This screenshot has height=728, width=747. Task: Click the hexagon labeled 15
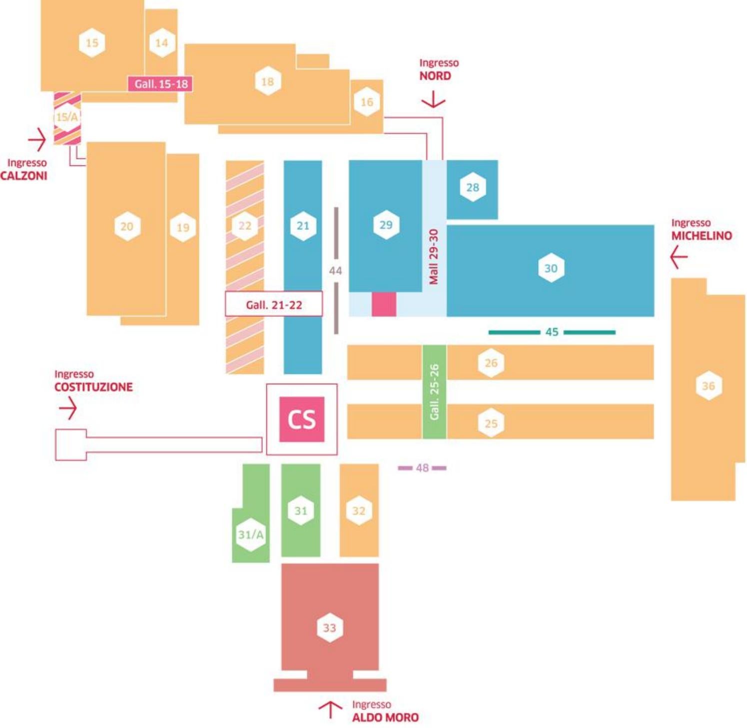click(x=92, y=43)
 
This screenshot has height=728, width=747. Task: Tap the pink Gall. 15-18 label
click(x=160, y=84)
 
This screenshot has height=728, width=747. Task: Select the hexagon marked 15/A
click(x=67, y=117)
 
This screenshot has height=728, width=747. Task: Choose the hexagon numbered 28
click(x=473, y=187)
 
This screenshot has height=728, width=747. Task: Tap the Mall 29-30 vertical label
click(x=434, y=257)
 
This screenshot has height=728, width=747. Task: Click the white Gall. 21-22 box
click(x=274, y=304)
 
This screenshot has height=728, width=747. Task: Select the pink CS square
click(x=302, y=419)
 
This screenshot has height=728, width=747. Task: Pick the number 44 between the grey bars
click(x=336, y=271)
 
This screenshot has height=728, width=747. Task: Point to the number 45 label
click(x=552, y=332)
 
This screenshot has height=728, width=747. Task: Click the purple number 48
click(x=422, y=468)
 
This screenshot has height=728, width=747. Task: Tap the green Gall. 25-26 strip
click(x=434, y=392)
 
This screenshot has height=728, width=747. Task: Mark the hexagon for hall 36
click(x=709, y=386)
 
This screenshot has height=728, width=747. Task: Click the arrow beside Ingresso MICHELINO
click(x=679, y=257)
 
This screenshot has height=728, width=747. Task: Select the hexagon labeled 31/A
click(x=250, y=535)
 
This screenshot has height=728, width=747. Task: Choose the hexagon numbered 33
click(x=330, y=628)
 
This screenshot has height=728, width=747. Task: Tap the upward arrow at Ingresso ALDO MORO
click(x=330, y=709)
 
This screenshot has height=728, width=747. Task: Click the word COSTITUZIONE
click(x=93, y=387)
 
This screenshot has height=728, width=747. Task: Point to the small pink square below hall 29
click(x=384, y=304)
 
